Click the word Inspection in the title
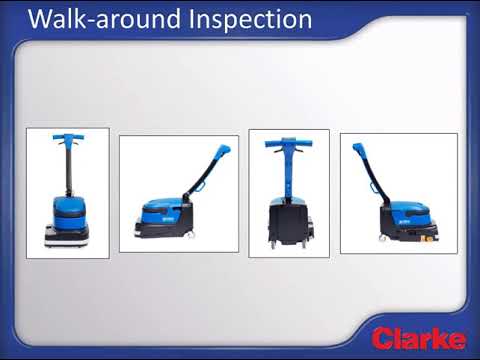(250, 19)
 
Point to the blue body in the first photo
(67, 209)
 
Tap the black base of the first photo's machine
(67, 237)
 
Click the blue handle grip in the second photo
(222, 152)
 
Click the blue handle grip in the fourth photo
(359, 151)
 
